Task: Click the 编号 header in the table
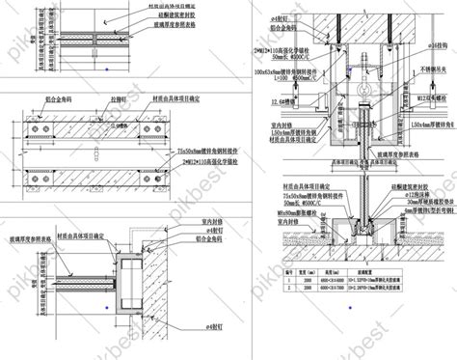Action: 260,299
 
